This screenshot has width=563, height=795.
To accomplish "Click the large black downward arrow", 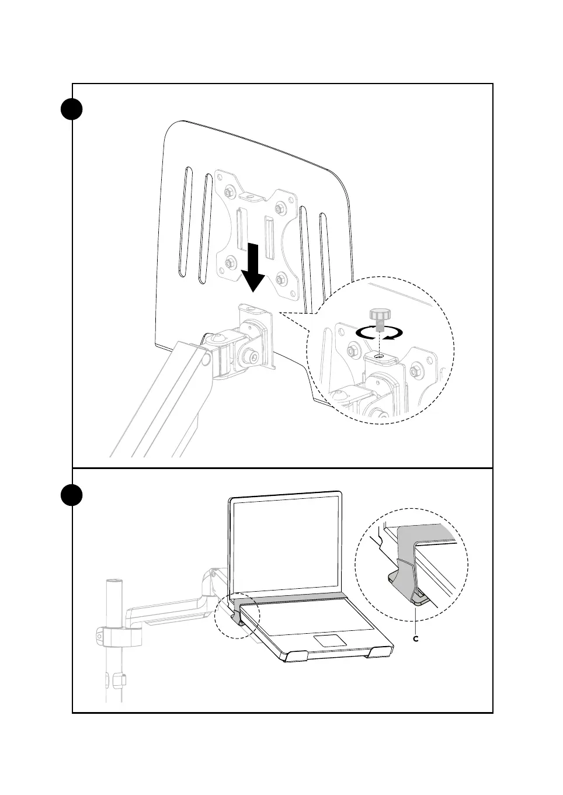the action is point(253,268).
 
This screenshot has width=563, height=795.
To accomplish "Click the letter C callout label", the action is point(416,639).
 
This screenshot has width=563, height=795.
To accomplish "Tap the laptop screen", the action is point(286,543).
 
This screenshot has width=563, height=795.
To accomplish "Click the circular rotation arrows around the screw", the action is point(380,333).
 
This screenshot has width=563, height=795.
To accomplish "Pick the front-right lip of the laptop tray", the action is point(380,651).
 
